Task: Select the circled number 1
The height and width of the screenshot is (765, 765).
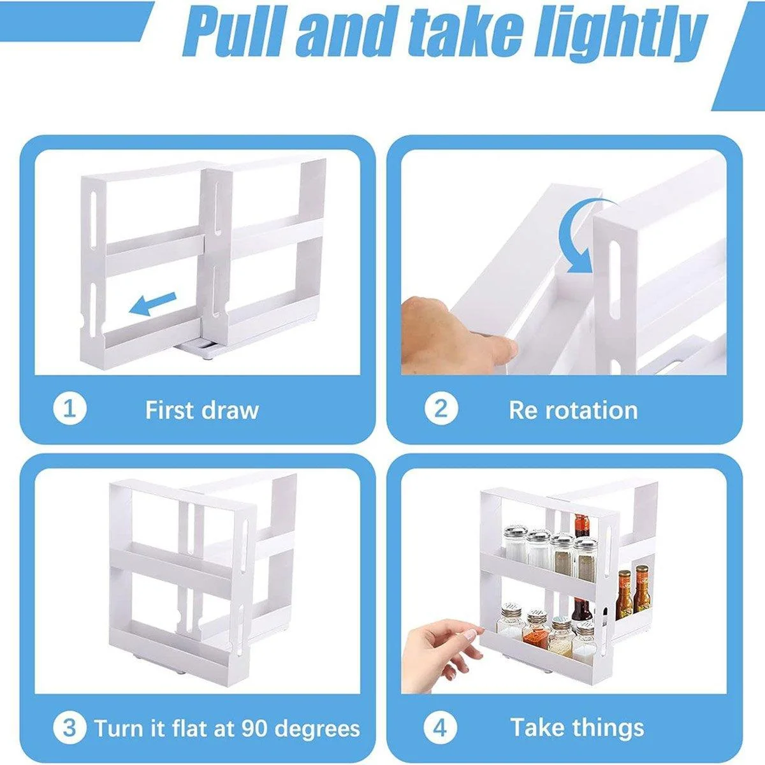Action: [69, 409]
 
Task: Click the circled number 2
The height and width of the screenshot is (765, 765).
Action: [441, 409]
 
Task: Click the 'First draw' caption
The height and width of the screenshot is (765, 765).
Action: [201, 410]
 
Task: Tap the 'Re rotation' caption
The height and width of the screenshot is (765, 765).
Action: [573, 410]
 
